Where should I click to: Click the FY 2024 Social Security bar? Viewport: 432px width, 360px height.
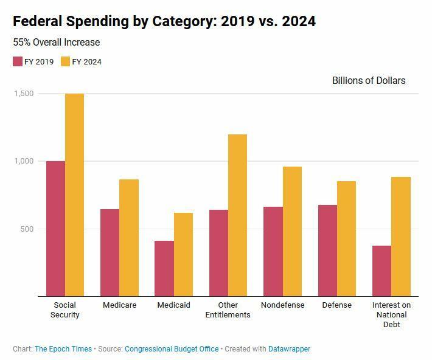pyautogui.click(x=74, y=195)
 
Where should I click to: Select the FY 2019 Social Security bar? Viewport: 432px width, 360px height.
pyautogui.click(x=55, y=229)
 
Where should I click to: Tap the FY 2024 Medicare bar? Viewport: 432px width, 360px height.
pyautogui.click(x=129, y=238)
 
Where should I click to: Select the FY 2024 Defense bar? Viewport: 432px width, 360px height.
pyautogui.click(x=346, y=238)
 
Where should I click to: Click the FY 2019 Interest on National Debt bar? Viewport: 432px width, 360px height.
pyautogui.click(x=382, y=271)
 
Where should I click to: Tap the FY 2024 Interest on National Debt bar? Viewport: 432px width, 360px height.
pyautogui.click(x=401, y=237)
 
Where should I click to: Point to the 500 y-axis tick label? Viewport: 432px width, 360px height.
pyautogui.click(x=26, y=229)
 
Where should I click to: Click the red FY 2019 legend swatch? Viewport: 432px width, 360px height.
pyautogui.click(x=18, y=61)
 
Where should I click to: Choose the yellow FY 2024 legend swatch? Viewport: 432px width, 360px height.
pyautogui.click(x=66, y=61)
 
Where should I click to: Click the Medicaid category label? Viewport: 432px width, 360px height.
pyautogui.click(x=173, y=305)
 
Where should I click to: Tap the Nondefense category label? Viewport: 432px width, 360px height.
pyautogui.click(x=282, y=305)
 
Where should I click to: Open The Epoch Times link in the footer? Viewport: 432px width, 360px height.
pyautogui.click(x=63, y=349)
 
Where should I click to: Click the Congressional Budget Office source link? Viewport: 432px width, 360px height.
pyautogui.click(x=172, y=349)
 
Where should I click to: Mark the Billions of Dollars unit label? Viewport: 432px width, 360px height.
pyautogui.click(x=369, y=80)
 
